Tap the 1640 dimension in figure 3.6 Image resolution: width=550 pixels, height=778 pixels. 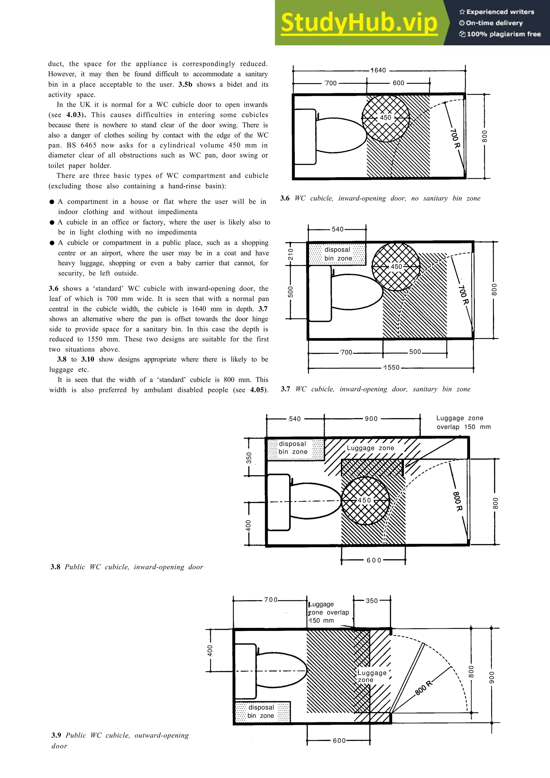pos(378,70)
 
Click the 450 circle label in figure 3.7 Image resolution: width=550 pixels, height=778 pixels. pos(396,267)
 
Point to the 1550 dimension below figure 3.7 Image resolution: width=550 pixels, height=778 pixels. pos(391,368)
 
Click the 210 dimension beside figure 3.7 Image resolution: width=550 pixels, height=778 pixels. pos(290,254)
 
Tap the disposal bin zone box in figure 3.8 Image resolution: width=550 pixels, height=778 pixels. pos(295,448)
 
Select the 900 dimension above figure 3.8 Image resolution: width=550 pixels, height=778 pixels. pos(371,419)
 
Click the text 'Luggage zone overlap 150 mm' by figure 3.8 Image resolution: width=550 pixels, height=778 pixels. pos(463,423)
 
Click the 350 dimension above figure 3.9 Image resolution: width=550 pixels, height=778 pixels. pos(371,601)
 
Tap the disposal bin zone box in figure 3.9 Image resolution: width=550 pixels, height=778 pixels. pos(262,712)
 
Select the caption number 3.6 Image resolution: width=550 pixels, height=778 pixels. pos(285,198)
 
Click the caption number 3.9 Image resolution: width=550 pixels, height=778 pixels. pos(56,735)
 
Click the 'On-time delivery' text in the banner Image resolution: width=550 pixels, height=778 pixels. pos(494,23)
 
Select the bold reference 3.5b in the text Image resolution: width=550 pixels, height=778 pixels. pos(185,84)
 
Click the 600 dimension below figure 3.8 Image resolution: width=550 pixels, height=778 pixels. pos(374,561)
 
